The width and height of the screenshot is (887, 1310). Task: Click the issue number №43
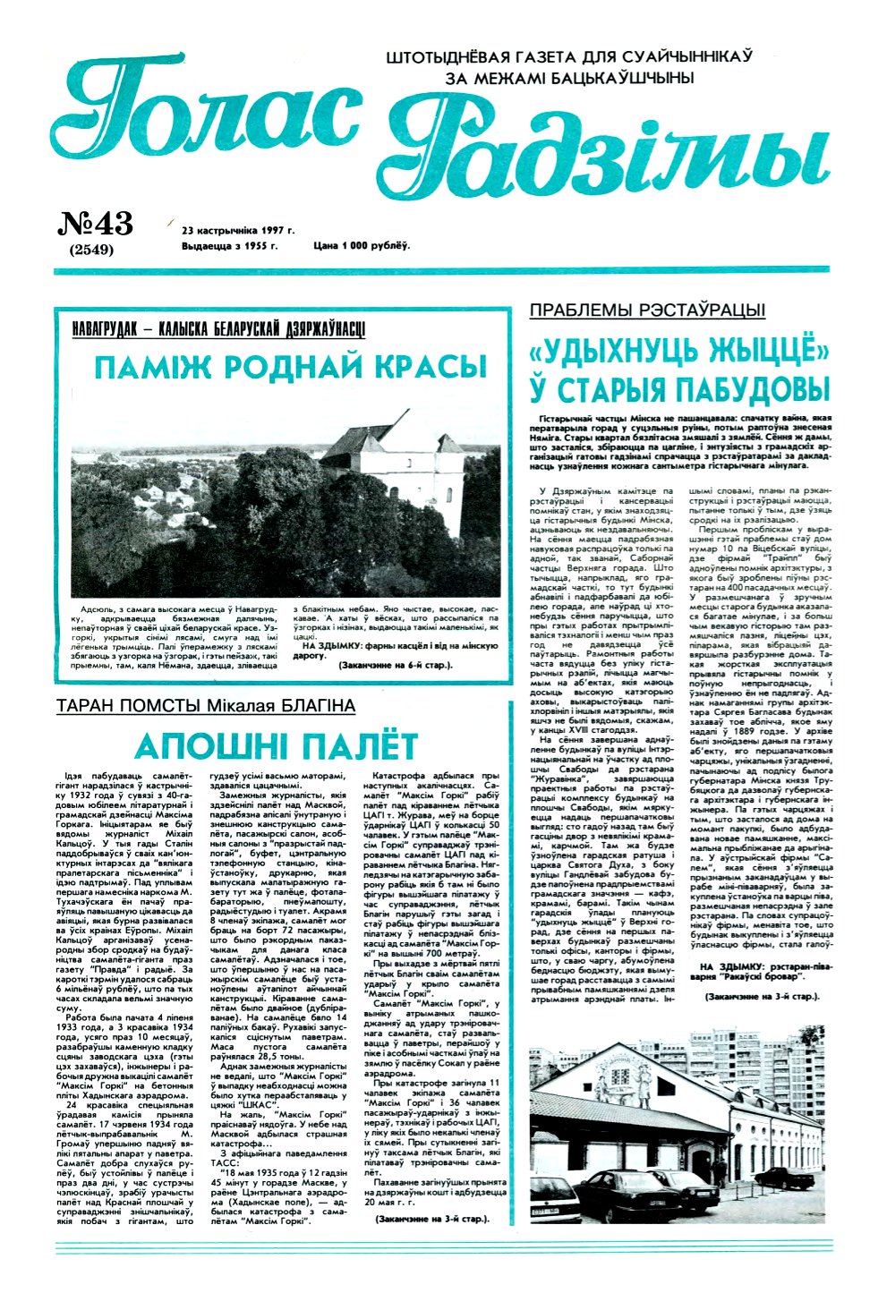(x=96, y=223)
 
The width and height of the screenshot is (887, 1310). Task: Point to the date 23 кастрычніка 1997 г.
(x=237, y=229)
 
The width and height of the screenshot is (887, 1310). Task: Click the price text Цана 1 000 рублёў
(x=361, y=245)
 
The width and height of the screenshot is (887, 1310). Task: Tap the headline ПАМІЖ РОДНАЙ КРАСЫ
(x=290, y=366)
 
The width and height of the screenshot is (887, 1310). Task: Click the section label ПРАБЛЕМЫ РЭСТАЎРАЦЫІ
(x=647, y=310)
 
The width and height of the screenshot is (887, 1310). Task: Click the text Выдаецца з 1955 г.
(x=230, y=245)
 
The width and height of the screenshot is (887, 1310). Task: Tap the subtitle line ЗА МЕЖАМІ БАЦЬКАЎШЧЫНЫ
(x=568, y=78)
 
